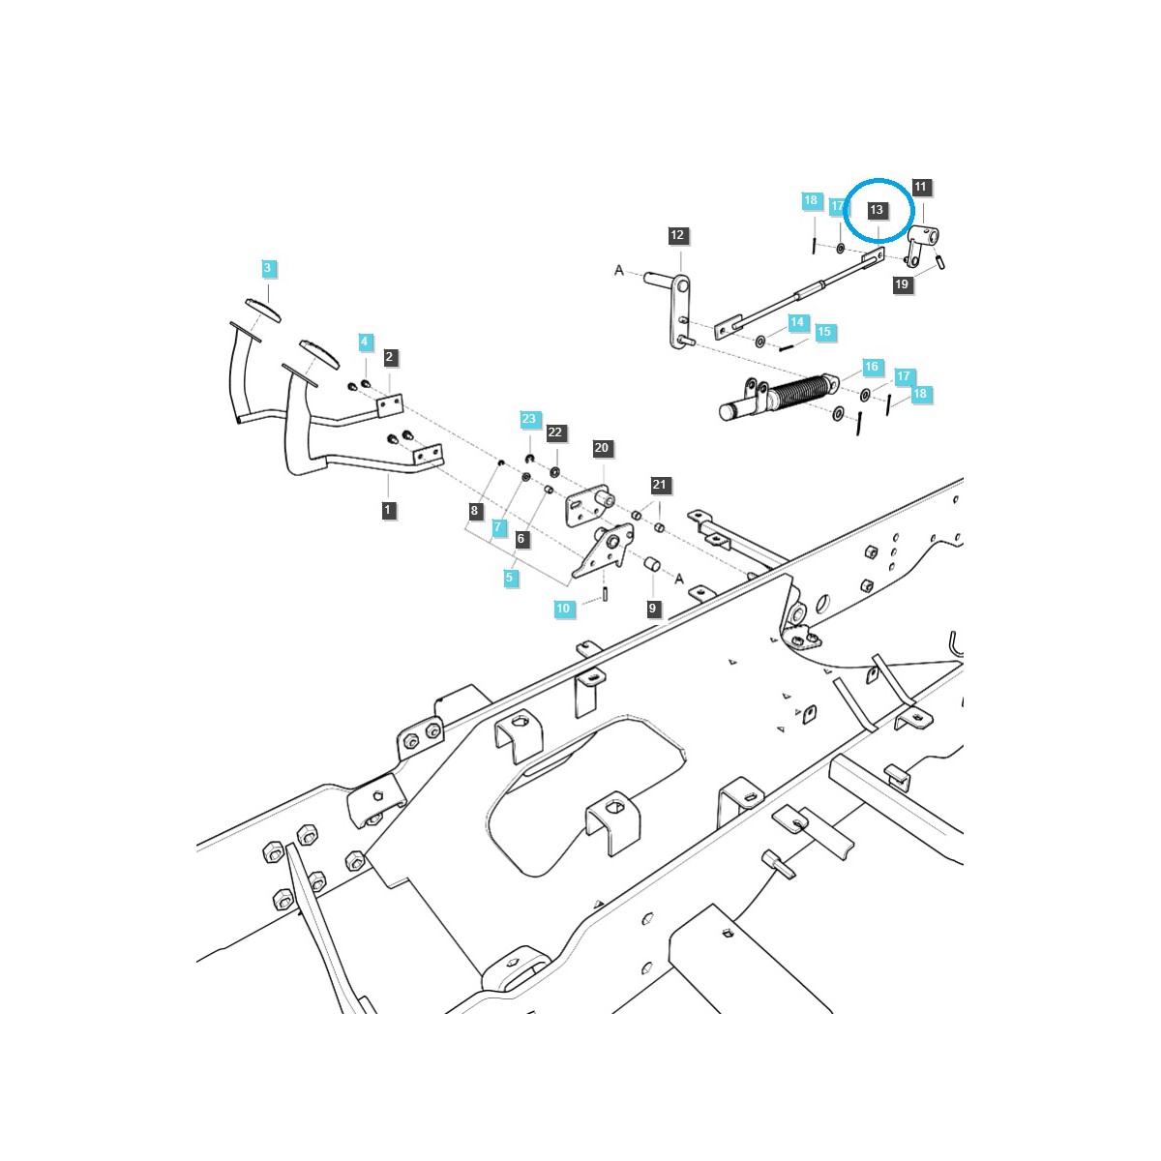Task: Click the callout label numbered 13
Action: click(877, 210)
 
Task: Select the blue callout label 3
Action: click(268, 267)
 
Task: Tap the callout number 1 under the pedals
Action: click(388, 509)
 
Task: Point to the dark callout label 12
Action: click(676, 235)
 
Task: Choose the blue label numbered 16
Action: click(872, 367)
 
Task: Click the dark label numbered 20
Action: click(602, 448)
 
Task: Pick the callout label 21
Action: click(659, 485)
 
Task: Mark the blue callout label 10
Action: click(563, 609)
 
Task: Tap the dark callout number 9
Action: click(653, 609)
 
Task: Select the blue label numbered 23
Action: click(528, 419)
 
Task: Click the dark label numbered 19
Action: click(902, 284)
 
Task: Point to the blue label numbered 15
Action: click(823, 332)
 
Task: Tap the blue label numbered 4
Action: click(365, 342)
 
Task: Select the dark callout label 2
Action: click(389, 357)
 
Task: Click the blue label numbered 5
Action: click(509, 578)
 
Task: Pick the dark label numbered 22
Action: click(554, 432)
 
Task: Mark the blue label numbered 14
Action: click(796, 322)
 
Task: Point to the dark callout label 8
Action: click(474, 510)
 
